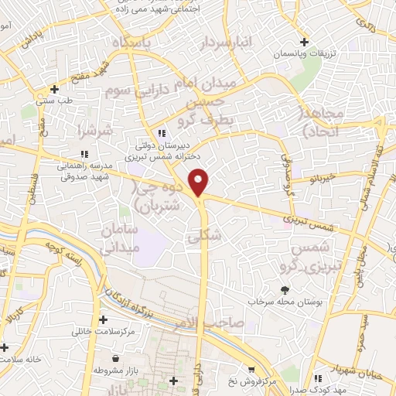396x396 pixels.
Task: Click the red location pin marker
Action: click(x=200, y=181)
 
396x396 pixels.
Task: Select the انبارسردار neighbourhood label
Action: click(x=230, y=43)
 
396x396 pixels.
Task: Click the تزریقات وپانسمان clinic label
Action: click(x=305, y=54)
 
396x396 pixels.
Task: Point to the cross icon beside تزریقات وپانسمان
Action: click(x=305, y=42)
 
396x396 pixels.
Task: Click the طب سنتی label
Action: click(x=54, y=101)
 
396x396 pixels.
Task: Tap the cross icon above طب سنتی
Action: click(x=54, y=89)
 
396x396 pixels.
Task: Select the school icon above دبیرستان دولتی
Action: click(x=161, y=133)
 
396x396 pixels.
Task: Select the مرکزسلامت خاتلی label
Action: click(x=104, y=331)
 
